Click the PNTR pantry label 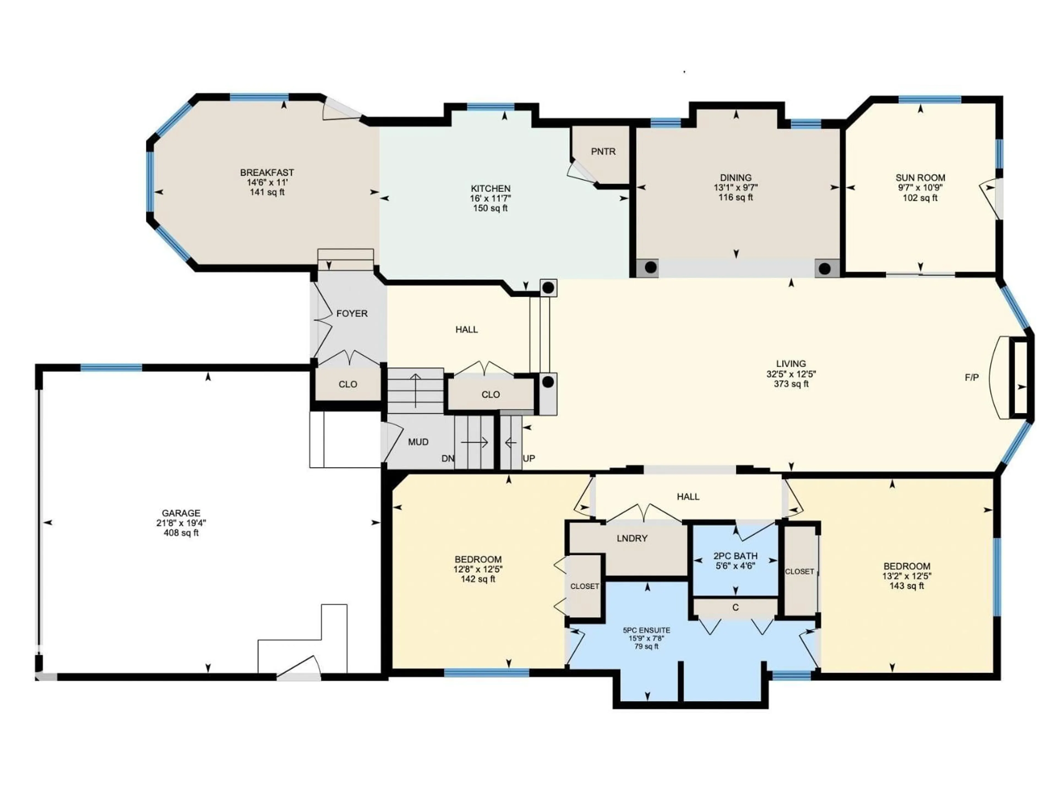pyautogui.click(x=603, y=151)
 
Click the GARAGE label pyautogui.click(x=181, y=513)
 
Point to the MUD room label pyautogui.click(x=418, y=442)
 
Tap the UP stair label pyautogui.click(x=529, y=458)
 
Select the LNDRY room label pyautogui.click(x=632, y=538)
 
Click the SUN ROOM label pyautogui.click(x=920, y=178)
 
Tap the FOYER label pyautogui.click(x=352, y=314)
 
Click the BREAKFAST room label pyautogui.click(x=267, y=173)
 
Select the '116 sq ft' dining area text pyautogui.click(x=736, y=197)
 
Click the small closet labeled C pyautogui.click(x=735, y=607)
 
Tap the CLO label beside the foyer pyautogui.click(x=348, y=384)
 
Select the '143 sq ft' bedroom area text pyautogui.click(x=906, y=586)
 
